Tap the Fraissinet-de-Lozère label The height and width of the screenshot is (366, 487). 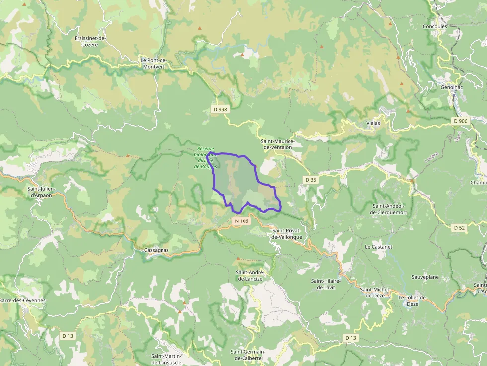[x=90, y=41]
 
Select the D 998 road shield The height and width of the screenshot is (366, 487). [x=220, y=109]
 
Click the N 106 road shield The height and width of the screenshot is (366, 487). [x=241, y=220]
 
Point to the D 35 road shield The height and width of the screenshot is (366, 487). [x=311, y=179]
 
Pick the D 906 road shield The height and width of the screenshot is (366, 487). [x=460, y=121]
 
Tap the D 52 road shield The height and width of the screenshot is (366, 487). [x=459, y=227]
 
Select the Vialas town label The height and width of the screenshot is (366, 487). [x=373, y=123]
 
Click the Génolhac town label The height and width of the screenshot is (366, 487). [x=445, y=86]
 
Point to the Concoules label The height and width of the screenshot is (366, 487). [x=435, y=26]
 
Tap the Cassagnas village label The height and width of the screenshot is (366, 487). [x=156, y=250]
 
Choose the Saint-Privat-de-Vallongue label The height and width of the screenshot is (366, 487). [x=287, y=234]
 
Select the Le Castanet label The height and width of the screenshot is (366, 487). [x=378, y=246]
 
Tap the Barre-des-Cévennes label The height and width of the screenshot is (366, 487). [x=22, y=300]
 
